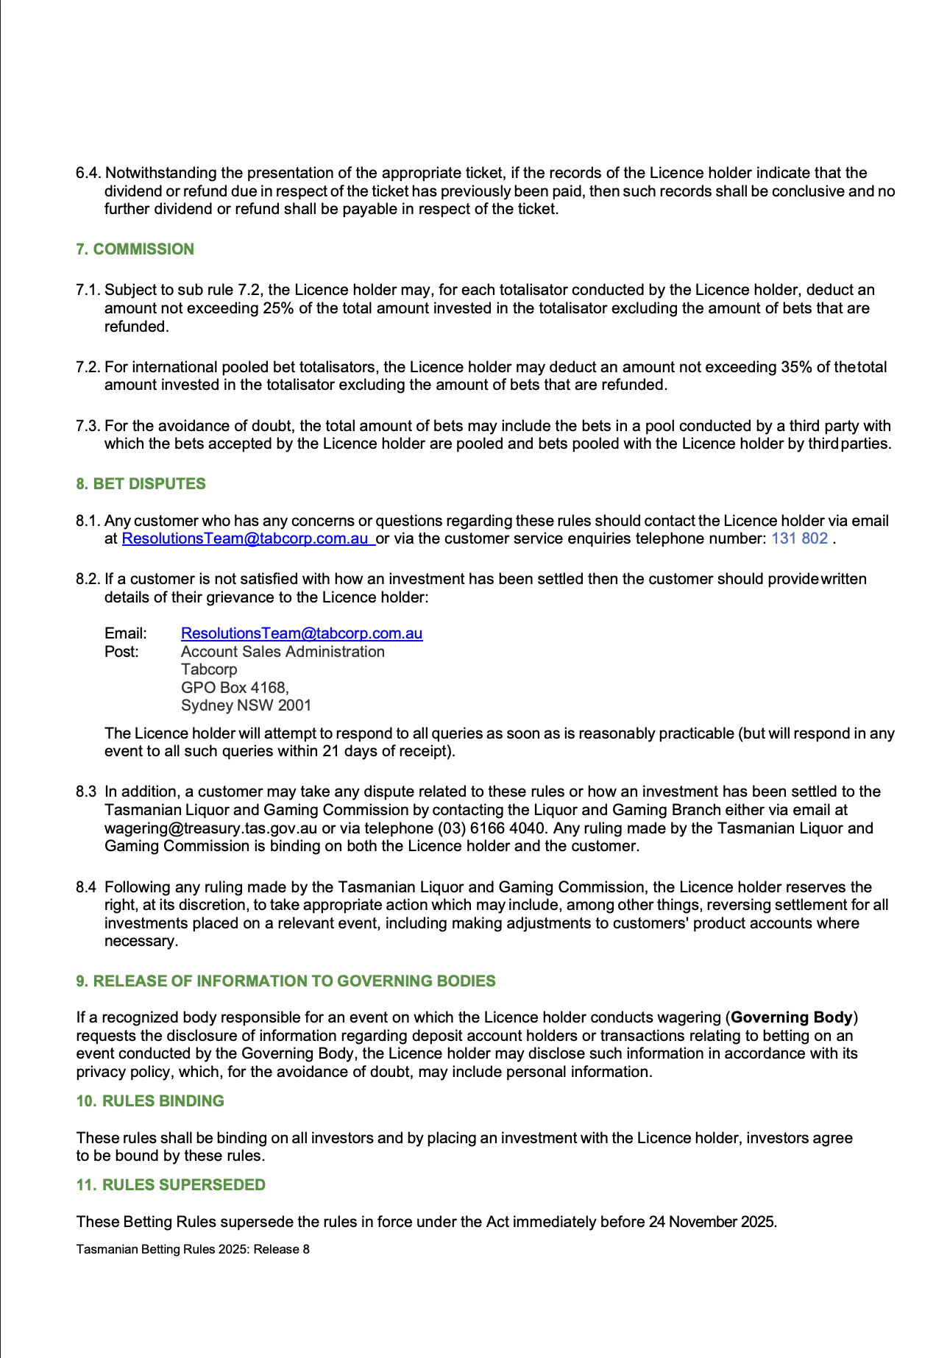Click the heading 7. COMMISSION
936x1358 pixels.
coord(135,249)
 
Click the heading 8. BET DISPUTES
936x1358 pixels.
coord(141,484)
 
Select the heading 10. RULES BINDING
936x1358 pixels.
coord(150,1101)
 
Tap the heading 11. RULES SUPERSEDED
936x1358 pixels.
coord(171,1185)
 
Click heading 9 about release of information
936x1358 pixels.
coord(286,981)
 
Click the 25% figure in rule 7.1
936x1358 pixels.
coord(278,308)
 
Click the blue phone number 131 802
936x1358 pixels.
coord(799,538)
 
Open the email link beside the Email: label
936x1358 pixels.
coord(302,633)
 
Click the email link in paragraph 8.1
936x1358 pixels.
coord(247,538)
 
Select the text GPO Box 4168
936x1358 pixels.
coord(234,688)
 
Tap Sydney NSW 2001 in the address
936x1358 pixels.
coord(246,705)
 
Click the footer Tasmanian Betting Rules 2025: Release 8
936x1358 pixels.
coord(193,1249)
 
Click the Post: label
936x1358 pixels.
coord(121,652)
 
